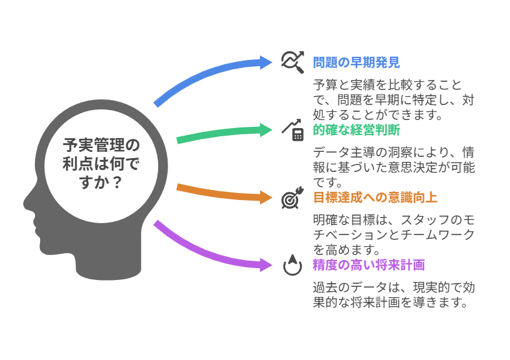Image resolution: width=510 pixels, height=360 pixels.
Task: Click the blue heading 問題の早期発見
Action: click(x=356, y=62)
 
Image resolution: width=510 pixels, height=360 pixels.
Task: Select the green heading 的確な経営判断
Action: click(x=356, y=130)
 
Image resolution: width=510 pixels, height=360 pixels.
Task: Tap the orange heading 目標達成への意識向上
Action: click(x=375, y=197)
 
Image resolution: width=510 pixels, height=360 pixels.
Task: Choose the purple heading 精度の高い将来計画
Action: click(x=369, y=265)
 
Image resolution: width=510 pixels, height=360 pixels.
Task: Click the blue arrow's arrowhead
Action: click(x=266, y=62)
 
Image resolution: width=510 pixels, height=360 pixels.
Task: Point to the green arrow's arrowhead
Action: click(x=266, y=130)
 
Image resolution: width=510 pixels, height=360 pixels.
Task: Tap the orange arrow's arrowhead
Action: click(x=266, y=197)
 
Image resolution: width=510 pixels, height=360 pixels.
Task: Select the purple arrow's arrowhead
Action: click(x=266, y=265)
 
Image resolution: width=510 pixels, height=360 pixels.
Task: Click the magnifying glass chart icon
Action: click(x=292, y=62)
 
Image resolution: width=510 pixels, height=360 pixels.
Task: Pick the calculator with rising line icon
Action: click(x=292, y=130)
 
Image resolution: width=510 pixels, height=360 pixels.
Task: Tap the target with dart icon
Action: click(x=292, y=197)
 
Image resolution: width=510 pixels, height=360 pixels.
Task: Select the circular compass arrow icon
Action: click(x=292, y=265)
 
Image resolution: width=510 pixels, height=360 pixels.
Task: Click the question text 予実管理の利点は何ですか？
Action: click(x=101, y=164)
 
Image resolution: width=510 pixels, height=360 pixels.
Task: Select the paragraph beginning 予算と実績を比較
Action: click(x=394, y=100)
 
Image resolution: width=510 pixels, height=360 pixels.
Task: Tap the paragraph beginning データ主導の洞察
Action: click(x=394, y=167)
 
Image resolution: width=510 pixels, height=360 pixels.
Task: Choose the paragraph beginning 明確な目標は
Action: click(x=394, y=235)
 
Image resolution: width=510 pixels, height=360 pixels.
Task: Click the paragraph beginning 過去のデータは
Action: click(x=394, y=295)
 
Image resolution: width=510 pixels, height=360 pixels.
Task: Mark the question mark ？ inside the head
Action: click(x=116, y=182)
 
